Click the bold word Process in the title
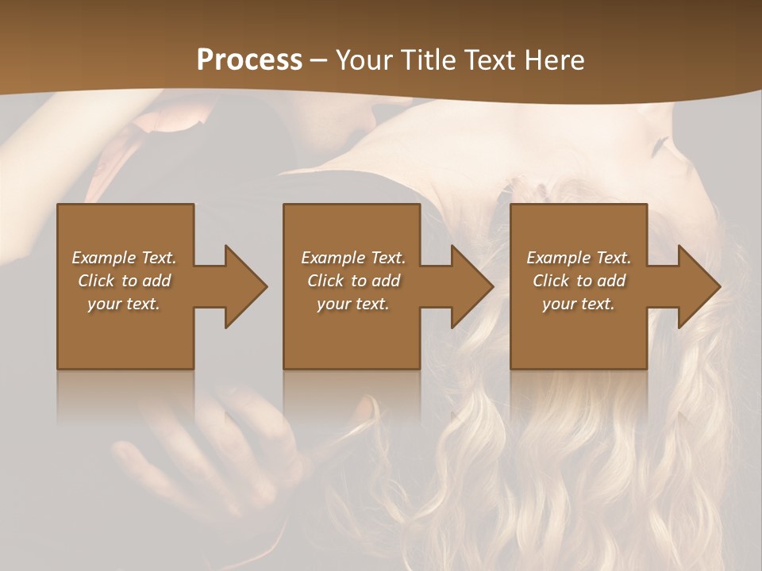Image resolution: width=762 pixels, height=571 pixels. pos(249,60)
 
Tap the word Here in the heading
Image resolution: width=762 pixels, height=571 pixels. pos(554,60)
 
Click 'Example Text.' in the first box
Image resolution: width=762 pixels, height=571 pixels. pos(124,258)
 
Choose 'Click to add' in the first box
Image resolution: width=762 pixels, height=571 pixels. pos(124,281)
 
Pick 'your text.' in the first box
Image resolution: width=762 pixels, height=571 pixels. pos(124,304)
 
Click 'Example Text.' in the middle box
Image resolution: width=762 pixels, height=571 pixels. pos(353,258)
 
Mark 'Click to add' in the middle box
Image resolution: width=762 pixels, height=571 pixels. pos(353,281)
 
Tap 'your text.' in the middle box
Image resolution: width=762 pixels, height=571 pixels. pos(353,304)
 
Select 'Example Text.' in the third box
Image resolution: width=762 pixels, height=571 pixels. pos(579,258)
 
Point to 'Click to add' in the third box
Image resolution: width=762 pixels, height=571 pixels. pos(579,281)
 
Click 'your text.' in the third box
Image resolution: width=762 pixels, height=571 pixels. pos(579,304)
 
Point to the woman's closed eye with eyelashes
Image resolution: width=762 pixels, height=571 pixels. pos(660,148)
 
